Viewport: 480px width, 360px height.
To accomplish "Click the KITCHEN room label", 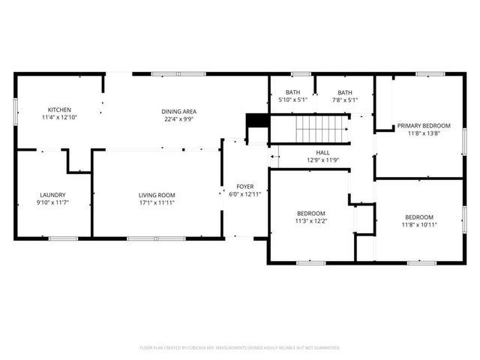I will point(59,110).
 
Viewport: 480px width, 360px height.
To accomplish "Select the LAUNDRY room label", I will point(52,194).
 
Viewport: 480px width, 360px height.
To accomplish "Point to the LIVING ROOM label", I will point(156,194).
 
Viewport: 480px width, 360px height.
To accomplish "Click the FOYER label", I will point(245,186).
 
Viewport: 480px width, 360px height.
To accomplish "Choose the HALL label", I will point(323,152).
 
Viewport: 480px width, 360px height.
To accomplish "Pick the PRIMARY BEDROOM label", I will point(424,126).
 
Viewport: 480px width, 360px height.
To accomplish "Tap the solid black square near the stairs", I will point(257,120).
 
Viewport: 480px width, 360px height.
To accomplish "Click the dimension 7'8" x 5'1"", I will point(344,100).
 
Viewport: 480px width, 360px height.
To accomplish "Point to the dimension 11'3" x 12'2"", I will point(311,220).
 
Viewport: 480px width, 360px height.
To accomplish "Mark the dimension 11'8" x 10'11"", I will point(419,224).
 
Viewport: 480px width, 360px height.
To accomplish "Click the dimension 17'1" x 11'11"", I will point(156,202).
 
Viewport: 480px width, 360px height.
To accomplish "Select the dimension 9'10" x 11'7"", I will point(52,202).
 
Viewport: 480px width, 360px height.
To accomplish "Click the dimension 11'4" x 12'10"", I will point(59,118).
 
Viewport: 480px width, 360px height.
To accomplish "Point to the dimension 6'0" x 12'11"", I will point(245,193).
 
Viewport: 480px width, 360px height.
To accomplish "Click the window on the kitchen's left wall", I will point(16,110).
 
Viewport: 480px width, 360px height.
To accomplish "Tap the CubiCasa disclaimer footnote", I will point(240,348).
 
